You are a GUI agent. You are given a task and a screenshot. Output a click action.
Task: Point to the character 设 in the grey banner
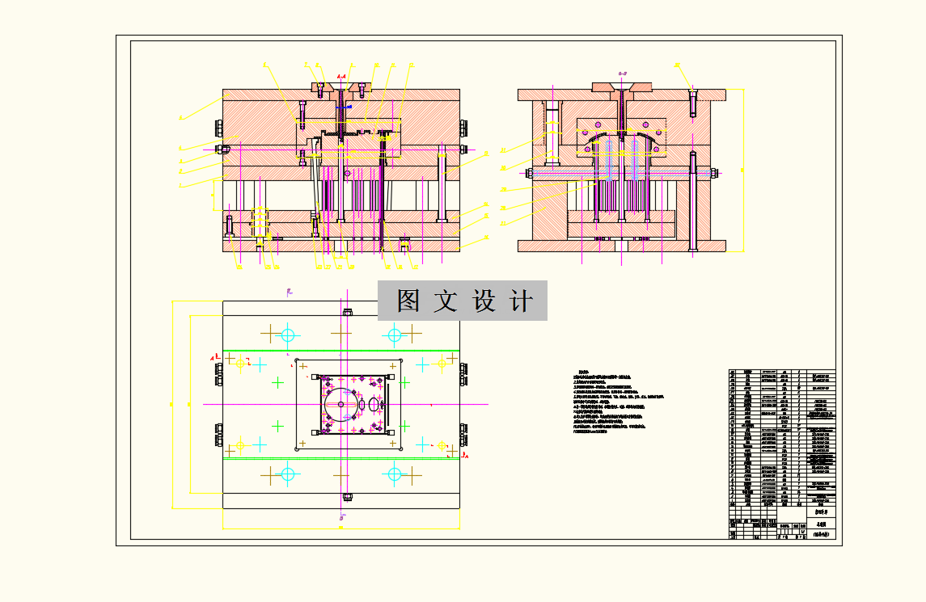484,301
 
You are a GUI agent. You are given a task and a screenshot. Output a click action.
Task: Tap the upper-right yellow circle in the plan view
442,364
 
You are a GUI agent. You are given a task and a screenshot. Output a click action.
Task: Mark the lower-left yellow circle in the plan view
240,444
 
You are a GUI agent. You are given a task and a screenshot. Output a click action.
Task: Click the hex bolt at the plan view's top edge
348,311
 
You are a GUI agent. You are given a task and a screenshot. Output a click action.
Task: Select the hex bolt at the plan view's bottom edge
348,496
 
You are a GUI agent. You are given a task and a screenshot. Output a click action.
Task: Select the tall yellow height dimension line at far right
743,170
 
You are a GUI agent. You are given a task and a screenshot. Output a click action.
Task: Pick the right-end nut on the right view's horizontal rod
716,171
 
